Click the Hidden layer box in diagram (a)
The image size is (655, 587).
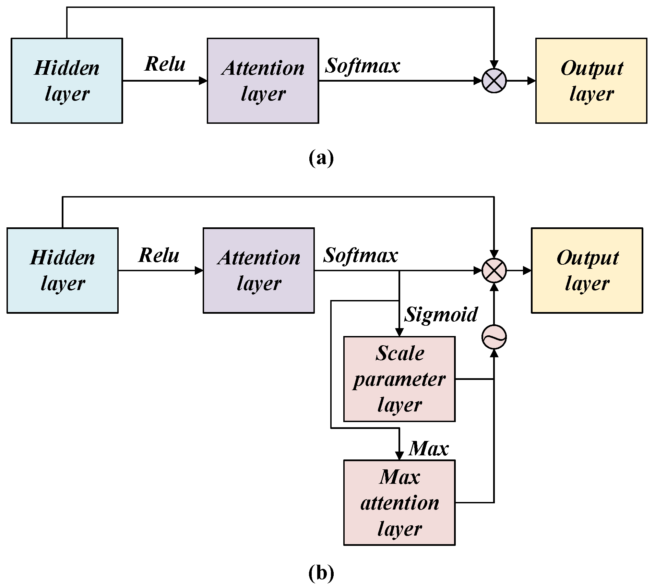pyautogui.click(x=67, y=81)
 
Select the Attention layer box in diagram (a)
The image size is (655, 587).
pyautogui.click(x=263, y=81)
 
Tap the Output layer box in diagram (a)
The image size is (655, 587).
pyautogui.click(x=591, y=81)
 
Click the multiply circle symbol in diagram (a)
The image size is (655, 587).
pyautogui.click(x=494, y=81)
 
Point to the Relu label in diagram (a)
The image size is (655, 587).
pyautogui.click(x=165, y=64)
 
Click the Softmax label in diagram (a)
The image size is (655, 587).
pyautogui.click(x=362, y=65)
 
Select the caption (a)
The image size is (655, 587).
pyautogui.click(x=321, y=158)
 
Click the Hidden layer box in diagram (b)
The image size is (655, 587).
pyautogui.click(x=62, y=270)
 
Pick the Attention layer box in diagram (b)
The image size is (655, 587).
pyautogui.click(x=259, y=270)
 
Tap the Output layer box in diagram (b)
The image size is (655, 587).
pyautogui.click(x=587, y=270)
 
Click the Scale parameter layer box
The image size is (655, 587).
pyautogui.click(x=399, y=379)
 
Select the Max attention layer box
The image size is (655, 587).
pyautogui.click(x=399, y=502)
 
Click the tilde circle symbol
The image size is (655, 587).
pyautogui.click(x=494, y=337)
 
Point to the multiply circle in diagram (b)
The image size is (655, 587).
pyautogui.click(x=494, y=270)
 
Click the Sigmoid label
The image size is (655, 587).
pyautogui.click(x=441, y=314)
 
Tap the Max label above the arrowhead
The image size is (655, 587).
pyautogui.click(x=429, y=448)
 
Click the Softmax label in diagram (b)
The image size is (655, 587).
pyautogui.click(x=361, y=255)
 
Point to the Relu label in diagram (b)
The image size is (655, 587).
pyautogui.click(x=159, y=255)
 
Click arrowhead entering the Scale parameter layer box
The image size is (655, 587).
pyautogui.click(x=399, y=332)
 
